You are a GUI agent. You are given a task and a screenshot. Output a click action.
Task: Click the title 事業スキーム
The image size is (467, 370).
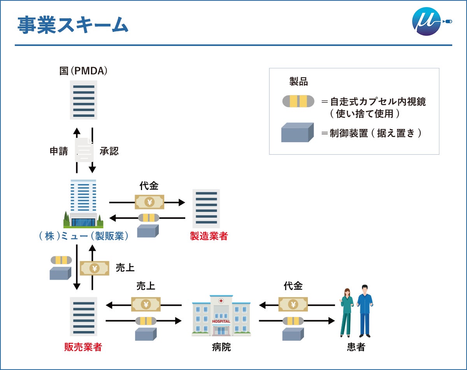73,25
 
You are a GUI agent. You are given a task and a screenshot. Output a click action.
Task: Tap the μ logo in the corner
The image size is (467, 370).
427,21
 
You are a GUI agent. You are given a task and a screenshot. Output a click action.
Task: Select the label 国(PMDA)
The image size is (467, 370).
83,71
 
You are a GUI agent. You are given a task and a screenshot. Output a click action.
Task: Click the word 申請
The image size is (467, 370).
59,151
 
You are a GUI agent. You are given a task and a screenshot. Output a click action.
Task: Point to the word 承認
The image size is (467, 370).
109,151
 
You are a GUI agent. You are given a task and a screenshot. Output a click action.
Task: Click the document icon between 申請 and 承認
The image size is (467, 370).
84,150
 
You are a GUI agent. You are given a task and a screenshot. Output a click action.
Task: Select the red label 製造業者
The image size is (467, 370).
209,236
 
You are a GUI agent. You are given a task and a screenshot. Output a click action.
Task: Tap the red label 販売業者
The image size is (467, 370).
83,347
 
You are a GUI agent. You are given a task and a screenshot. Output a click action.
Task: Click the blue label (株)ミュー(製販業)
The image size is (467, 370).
84,236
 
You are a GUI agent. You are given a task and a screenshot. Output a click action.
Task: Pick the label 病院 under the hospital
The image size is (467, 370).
221,347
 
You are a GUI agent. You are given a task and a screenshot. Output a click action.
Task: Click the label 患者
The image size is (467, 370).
356,347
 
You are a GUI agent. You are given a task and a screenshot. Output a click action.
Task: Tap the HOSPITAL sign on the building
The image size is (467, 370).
221,321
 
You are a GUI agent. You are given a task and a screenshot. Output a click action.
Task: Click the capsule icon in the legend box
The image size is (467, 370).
298,101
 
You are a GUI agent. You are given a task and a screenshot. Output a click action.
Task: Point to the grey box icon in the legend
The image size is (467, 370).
297,132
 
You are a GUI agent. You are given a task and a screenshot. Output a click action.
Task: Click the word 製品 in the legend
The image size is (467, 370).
298,81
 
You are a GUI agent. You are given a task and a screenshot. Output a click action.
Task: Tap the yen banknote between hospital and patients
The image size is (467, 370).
293,304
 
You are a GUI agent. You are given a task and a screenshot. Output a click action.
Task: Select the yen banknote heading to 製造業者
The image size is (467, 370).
149,202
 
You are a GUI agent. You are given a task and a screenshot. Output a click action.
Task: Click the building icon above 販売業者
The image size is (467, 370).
84,316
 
